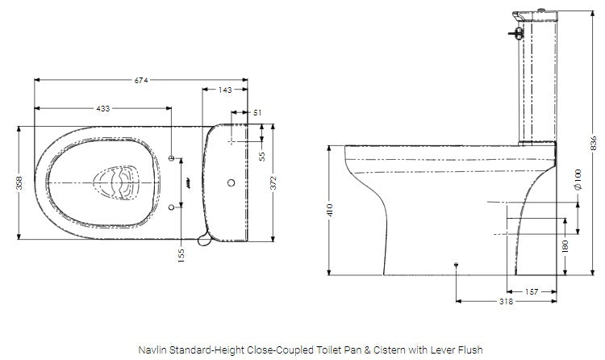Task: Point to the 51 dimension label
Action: tap(257, 113)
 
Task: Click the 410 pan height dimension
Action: tap(330, 211)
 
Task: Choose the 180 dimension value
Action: tap(565, 245)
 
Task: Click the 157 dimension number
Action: tap(532, 291)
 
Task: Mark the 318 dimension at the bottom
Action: tap(506, 303)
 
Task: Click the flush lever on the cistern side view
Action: tap(513, 33)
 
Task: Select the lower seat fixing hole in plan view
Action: tap(172, 208)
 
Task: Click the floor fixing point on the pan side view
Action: tap(457, 264)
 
